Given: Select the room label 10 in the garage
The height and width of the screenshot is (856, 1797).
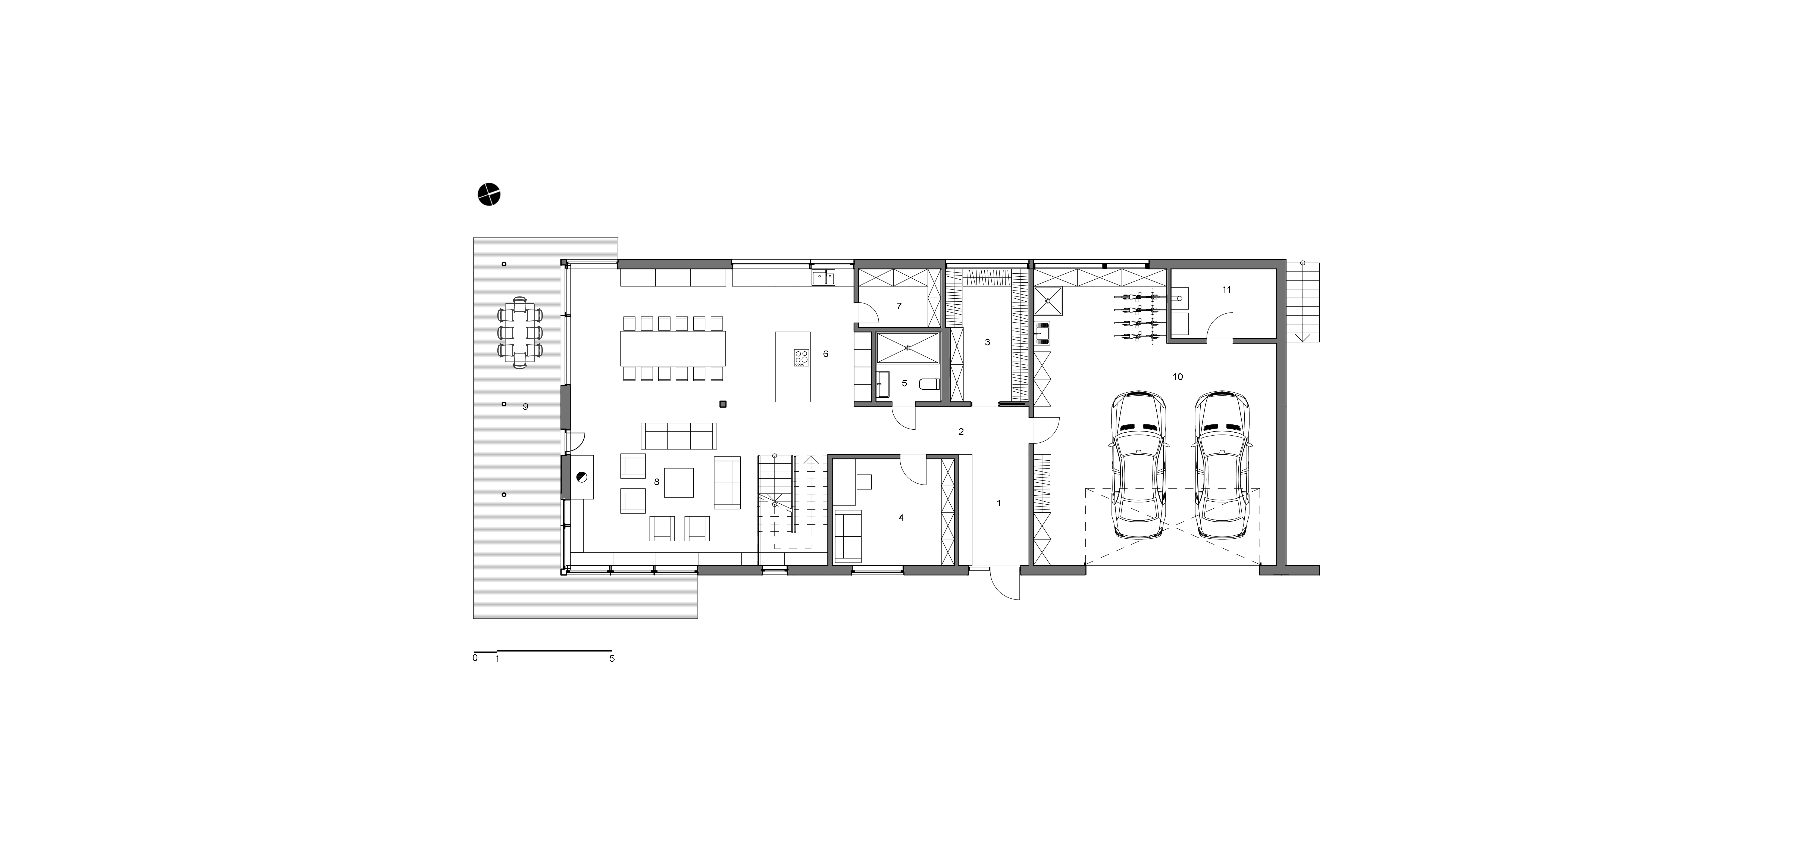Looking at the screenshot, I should [1178, 377].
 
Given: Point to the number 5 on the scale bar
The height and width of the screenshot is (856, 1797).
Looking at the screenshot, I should [612, 658].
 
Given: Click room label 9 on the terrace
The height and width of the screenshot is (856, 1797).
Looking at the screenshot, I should [525, 406].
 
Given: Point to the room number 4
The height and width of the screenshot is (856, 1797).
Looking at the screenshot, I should [901, 518].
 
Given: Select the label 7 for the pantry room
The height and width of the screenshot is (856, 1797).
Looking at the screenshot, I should [898, 305].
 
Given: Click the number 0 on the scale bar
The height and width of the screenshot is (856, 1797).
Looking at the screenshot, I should [475, 658].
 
